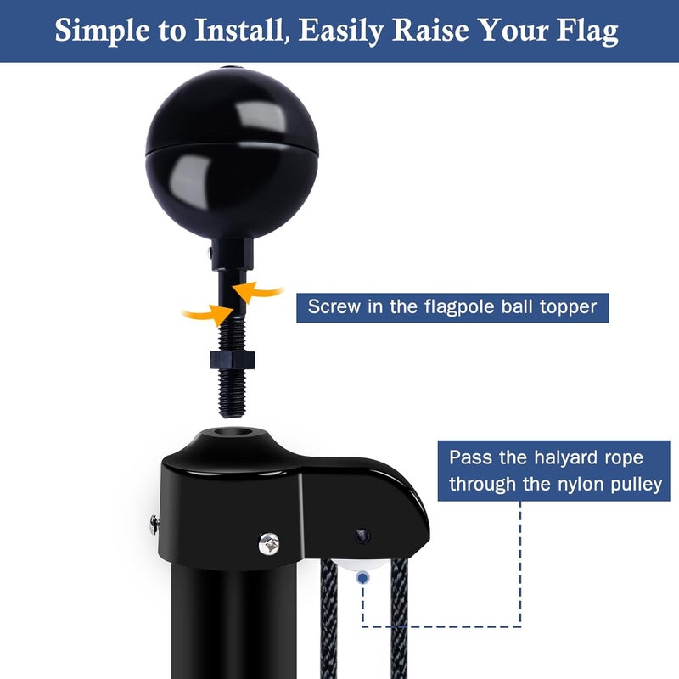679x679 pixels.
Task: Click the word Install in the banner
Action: point(247,31)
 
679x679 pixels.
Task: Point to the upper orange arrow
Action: point(260,292)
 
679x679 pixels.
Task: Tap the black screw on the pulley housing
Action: point(363,536)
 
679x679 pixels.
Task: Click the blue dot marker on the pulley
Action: point(363,576)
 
